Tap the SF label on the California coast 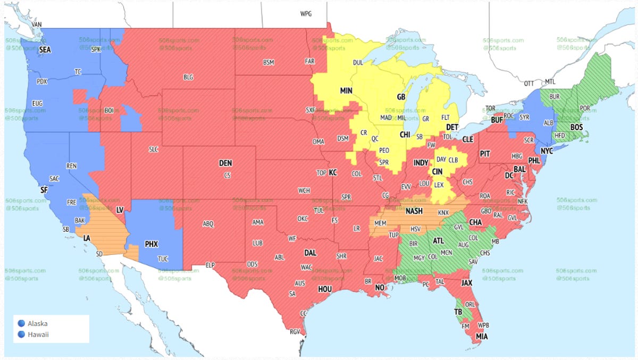tap(44, 189)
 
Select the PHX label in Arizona tap(152, 244)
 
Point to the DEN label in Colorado tap(225, 163)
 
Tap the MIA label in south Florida tap(482, 337)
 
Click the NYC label tap(547, 151)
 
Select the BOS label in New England tap(576, 128)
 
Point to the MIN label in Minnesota tap(347, 91)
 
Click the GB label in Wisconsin tap(401, 97)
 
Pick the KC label tap(333, 173)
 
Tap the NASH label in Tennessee tap(414, 211)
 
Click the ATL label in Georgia tap(438, 241)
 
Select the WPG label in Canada tap(306, 14)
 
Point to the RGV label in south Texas tap(294, 332)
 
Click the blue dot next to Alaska tap(21, 323)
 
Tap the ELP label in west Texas tap(211, 265)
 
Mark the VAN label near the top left tap(37, 24)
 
